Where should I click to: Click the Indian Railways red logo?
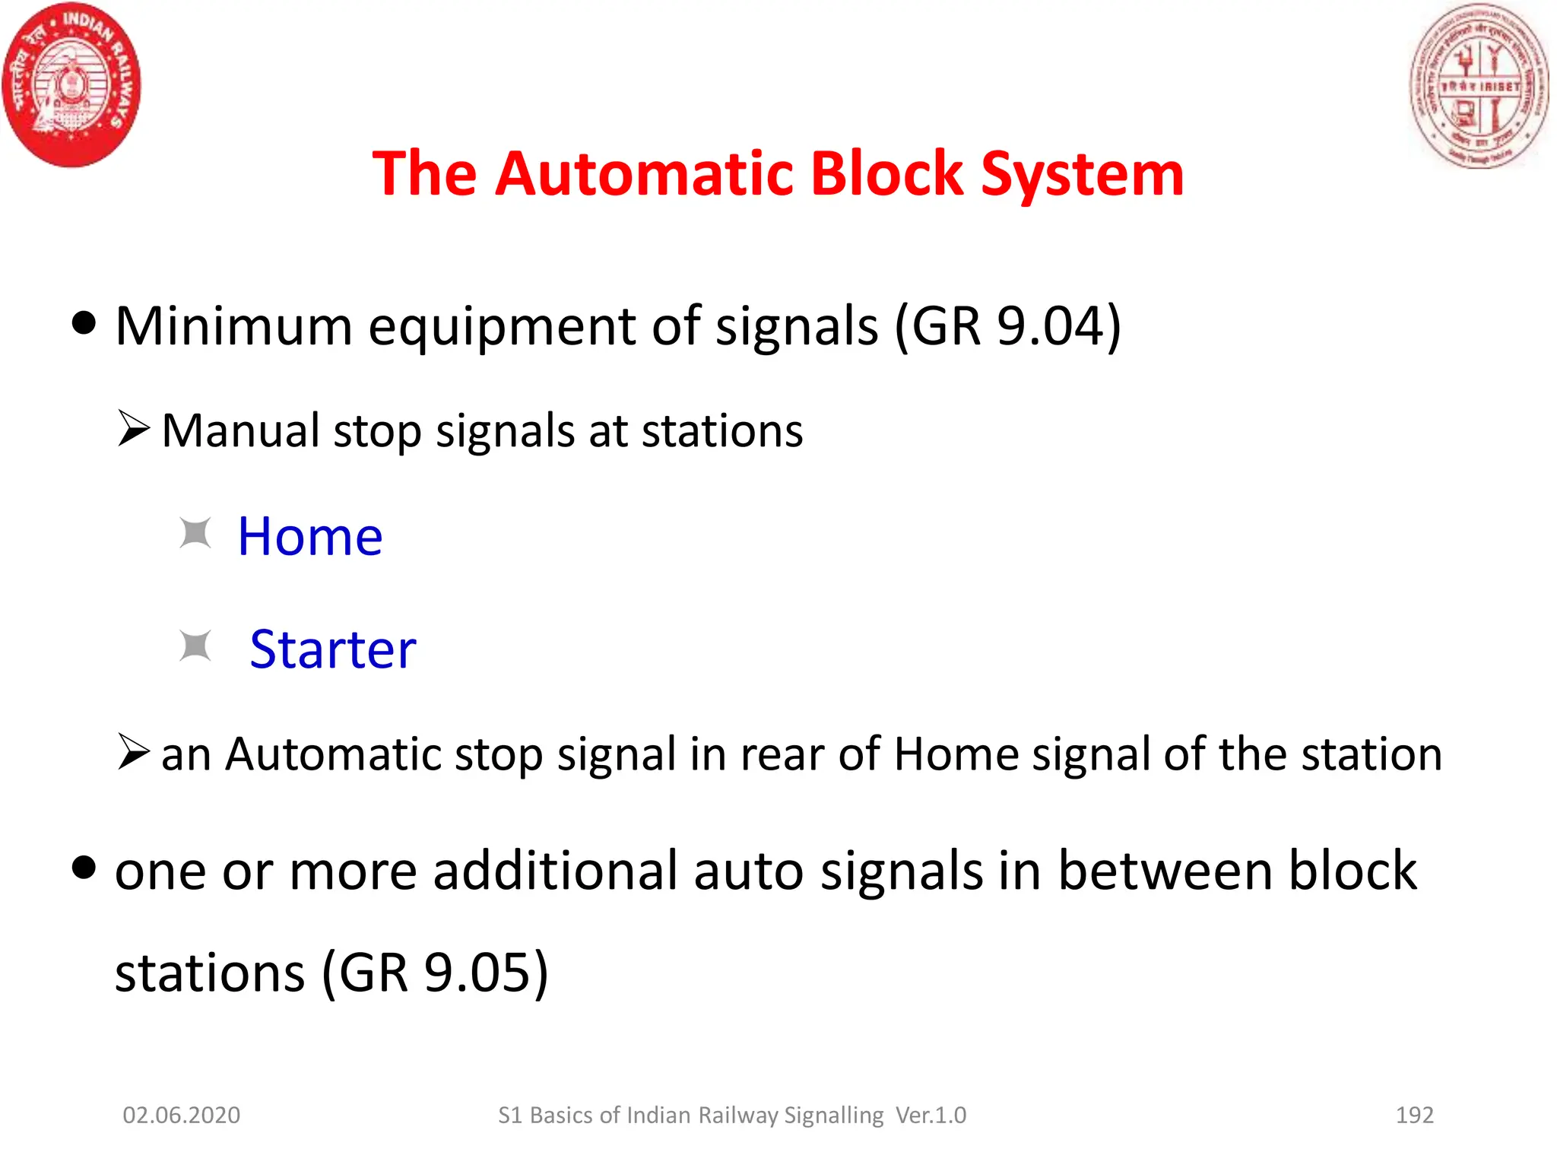71,84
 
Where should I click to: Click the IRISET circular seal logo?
1478,85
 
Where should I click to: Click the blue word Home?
309,537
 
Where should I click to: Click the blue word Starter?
333,650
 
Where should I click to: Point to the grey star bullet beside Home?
195,533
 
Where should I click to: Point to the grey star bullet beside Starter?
195,646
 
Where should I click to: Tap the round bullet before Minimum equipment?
84,322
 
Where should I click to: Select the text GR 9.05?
434,973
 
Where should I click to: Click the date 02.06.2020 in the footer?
181,1116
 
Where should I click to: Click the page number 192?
1414,1116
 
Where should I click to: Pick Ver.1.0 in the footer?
931,1116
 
